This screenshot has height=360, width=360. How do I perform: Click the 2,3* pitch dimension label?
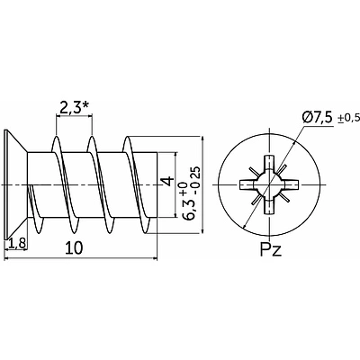pos(74,107)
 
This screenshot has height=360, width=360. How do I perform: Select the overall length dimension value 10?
pos(74,248)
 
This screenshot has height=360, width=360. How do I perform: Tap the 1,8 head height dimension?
pos(17,243)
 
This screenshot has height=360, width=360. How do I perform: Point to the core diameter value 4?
pos(167,181)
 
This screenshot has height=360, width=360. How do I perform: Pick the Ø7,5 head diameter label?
pos(317,118)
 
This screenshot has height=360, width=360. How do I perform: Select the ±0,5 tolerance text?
pos(348,118)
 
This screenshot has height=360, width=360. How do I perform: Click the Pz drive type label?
pos(271,249)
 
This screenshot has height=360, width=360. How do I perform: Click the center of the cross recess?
pos(269,184)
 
